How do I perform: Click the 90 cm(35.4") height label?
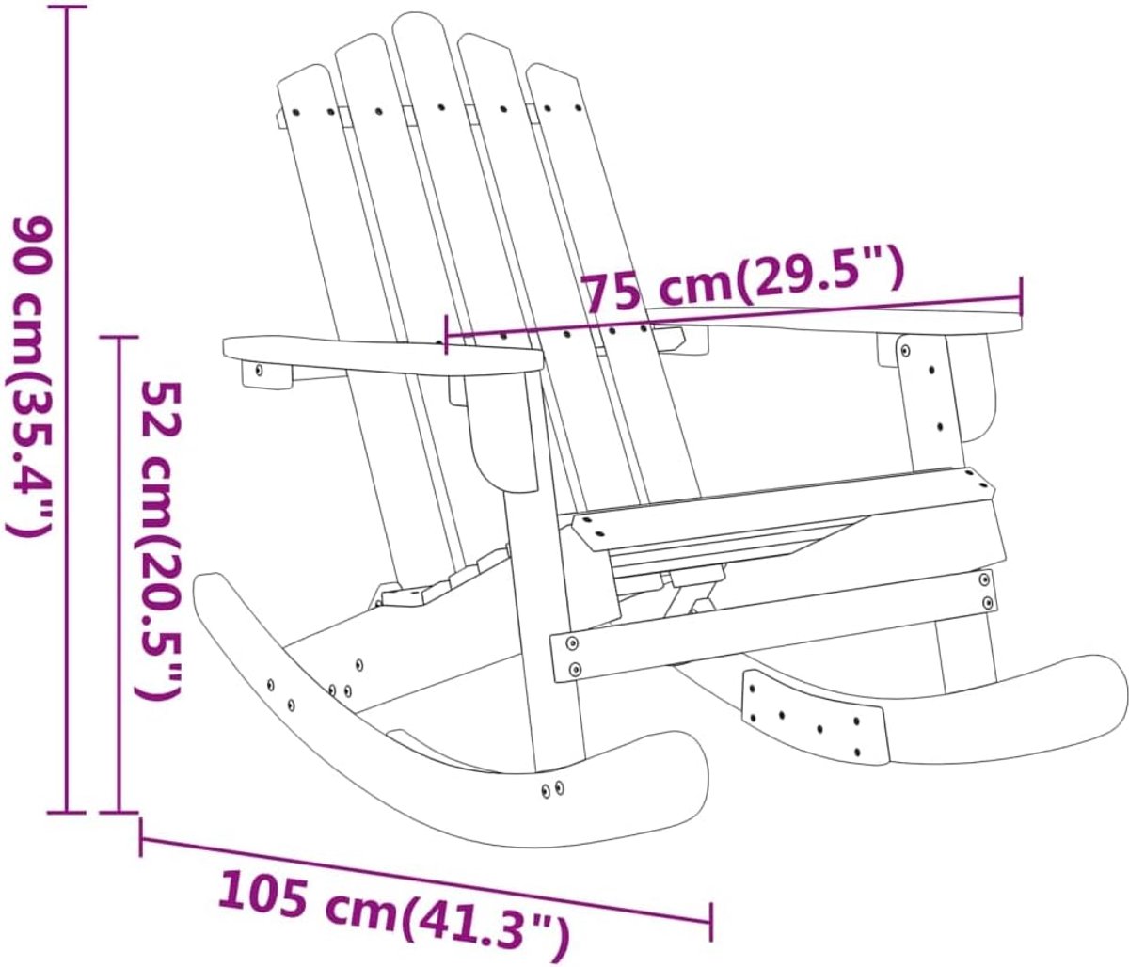pyautogui.click(x=29, y=377)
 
